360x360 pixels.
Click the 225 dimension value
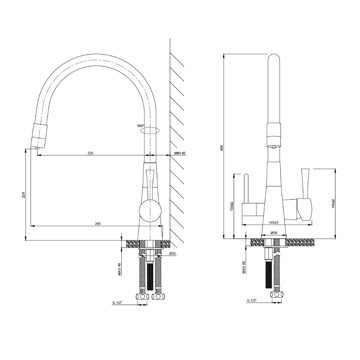point(90,153)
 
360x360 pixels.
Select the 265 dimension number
point(98,224)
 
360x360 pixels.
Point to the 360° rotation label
point(141,126)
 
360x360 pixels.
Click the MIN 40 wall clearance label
point(180,153)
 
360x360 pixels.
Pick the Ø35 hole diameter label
point(172,253)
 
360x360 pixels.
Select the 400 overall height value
point(222,148)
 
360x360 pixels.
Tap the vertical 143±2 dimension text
point(334,204)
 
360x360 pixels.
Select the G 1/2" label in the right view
point(252,301)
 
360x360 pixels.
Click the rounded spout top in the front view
point(274,59)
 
